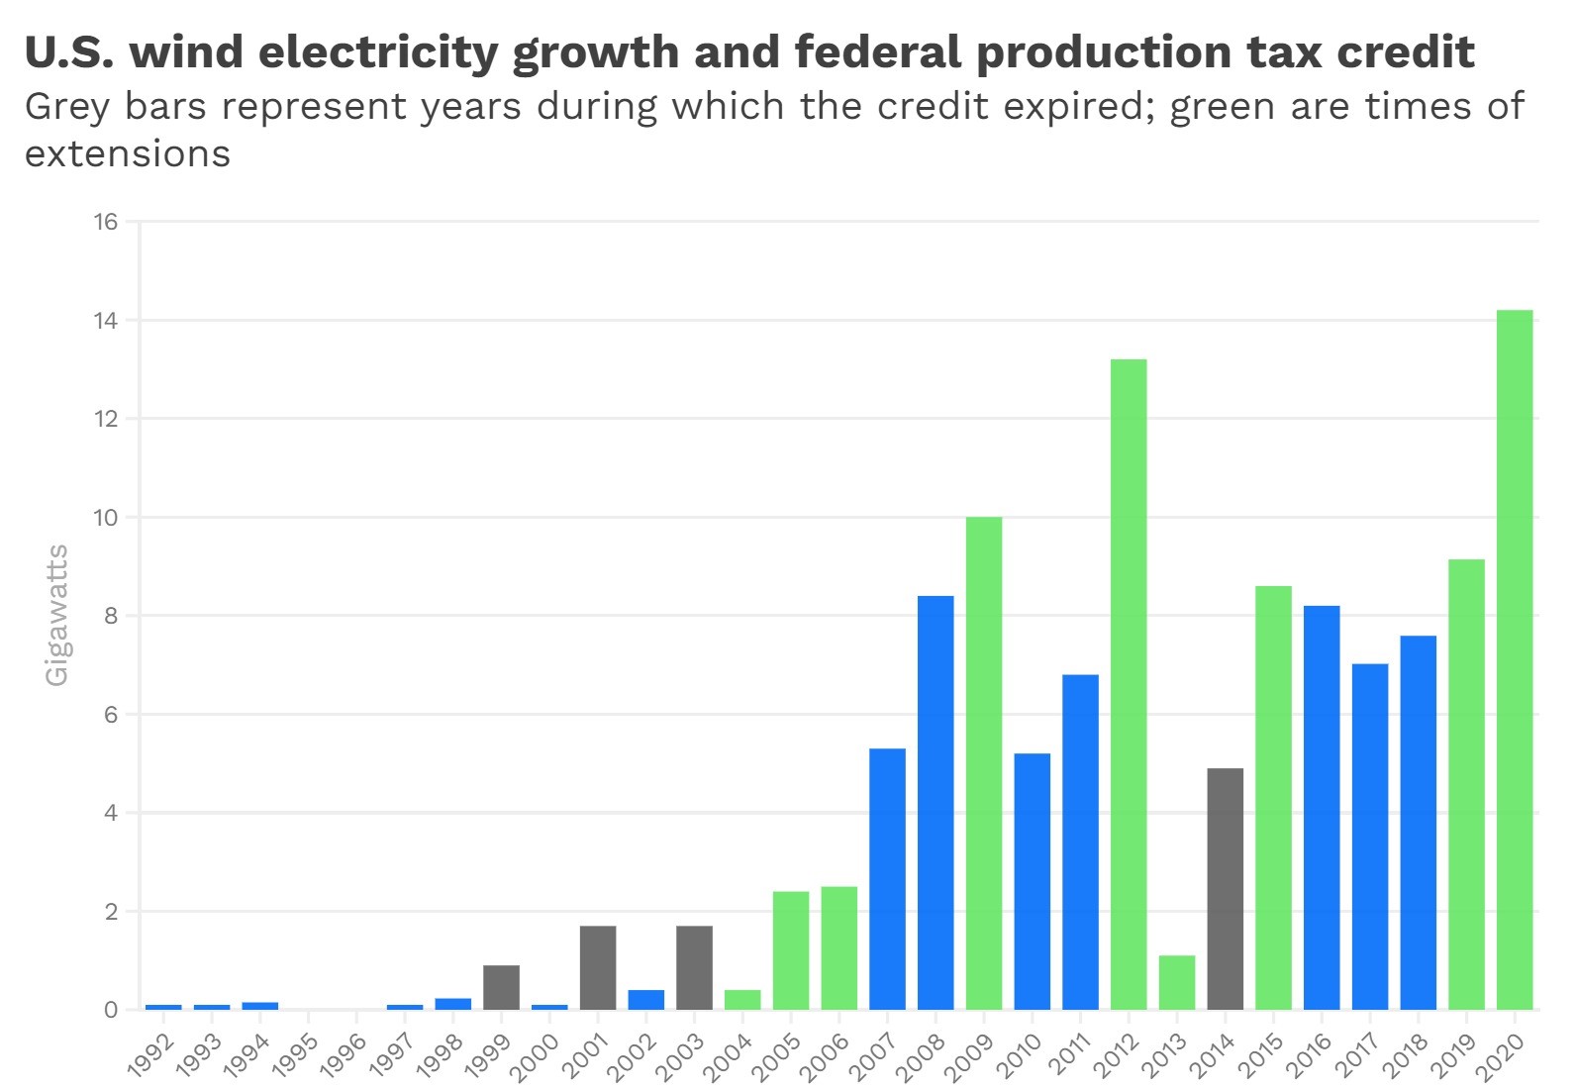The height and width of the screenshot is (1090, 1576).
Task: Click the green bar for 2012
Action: [x=1129, y=684]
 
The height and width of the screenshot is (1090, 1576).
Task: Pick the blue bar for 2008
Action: [x=936, y=802]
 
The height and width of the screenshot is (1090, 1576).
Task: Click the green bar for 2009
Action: [x=983, y=762]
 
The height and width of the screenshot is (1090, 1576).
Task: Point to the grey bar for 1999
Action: [x=501, y=987]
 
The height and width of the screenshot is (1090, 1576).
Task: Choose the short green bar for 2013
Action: [x=1177, y=982]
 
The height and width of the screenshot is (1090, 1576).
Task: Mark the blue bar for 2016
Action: [x=1322, y=807]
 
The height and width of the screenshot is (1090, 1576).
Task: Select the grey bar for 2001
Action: [x=598, y=967]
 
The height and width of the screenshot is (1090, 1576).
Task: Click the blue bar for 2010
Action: [x=1032, y=881]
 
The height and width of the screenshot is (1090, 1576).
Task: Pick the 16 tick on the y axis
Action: [x=106, y=222]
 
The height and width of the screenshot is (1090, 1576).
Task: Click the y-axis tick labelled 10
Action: [x=106, y=518]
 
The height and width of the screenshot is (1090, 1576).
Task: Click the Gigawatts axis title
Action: [x=57, y=614]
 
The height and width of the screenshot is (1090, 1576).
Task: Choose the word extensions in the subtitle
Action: [x=128, y=153]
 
